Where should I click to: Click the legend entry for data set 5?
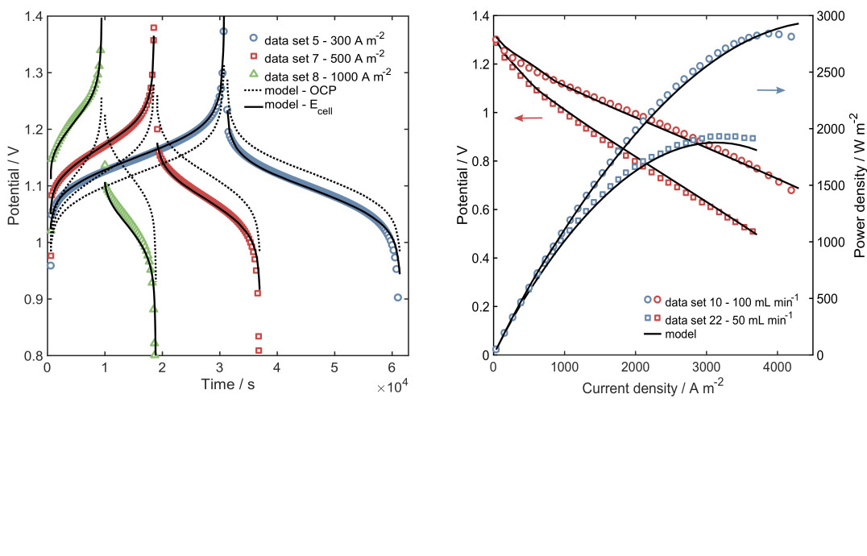click(319, 37)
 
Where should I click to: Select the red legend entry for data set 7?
click(319, 56)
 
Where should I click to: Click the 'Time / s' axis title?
click(227, 385)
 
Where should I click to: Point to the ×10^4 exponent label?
click(392, 388)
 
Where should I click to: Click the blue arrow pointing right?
click(770, 90)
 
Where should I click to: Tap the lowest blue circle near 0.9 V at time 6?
click(398, 297)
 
